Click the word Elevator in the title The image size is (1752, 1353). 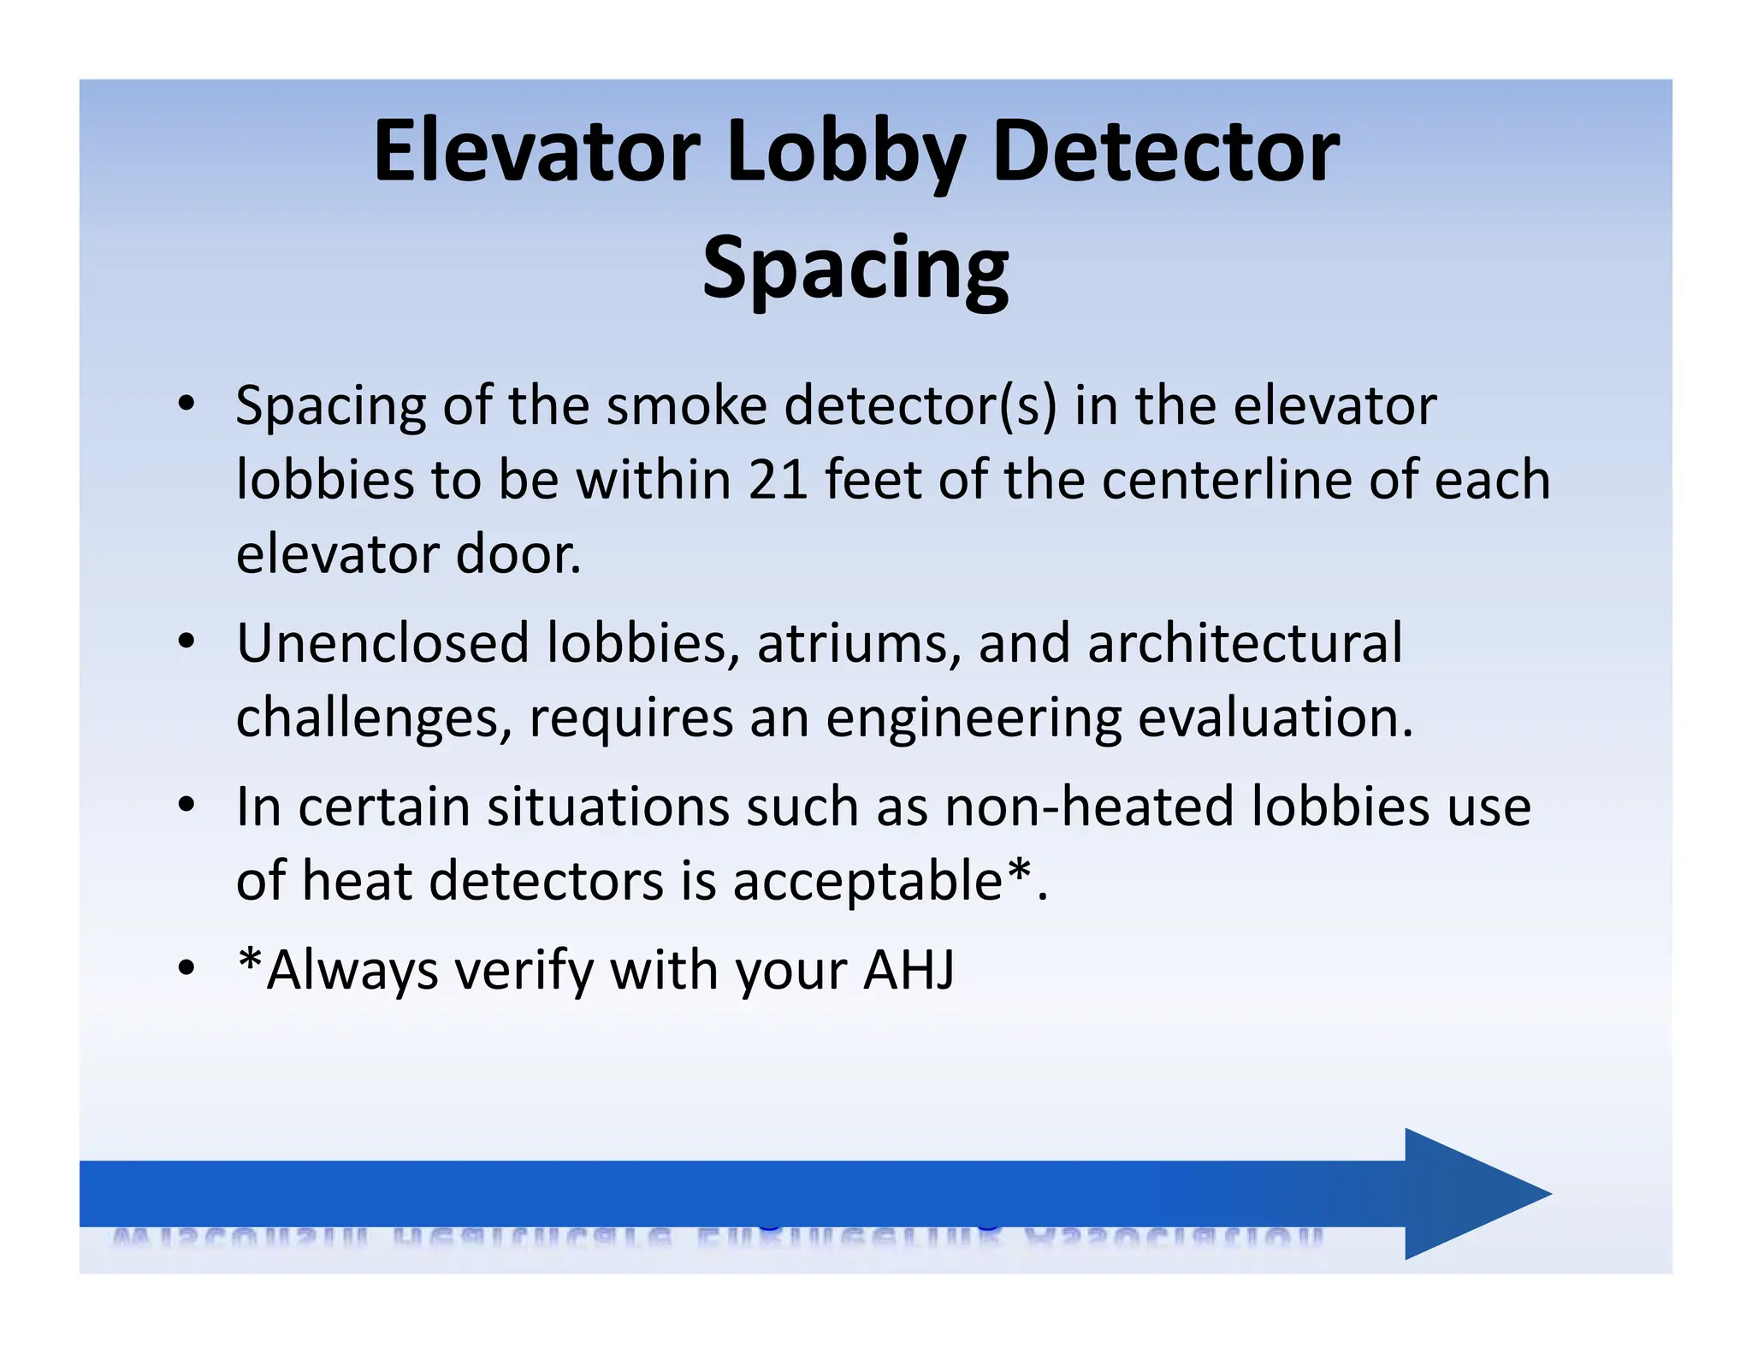pos(536,151)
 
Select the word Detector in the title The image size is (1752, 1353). pos(1165,151)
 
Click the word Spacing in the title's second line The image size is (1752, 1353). pos(855,269)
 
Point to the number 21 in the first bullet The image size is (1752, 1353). pos(778,479)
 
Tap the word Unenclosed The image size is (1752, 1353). pos(382,642)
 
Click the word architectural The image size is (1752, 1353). pos(1245,642)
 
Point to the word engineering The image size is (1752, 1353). pos(973,718)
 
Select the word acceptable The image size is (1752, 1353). pos(867,882)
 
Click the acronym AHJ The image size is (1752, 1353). pos(909,970)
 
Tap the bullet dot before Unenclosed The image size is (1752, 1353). pos(186,641)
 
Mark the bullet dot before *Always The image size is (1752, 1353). pos(186,969)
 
